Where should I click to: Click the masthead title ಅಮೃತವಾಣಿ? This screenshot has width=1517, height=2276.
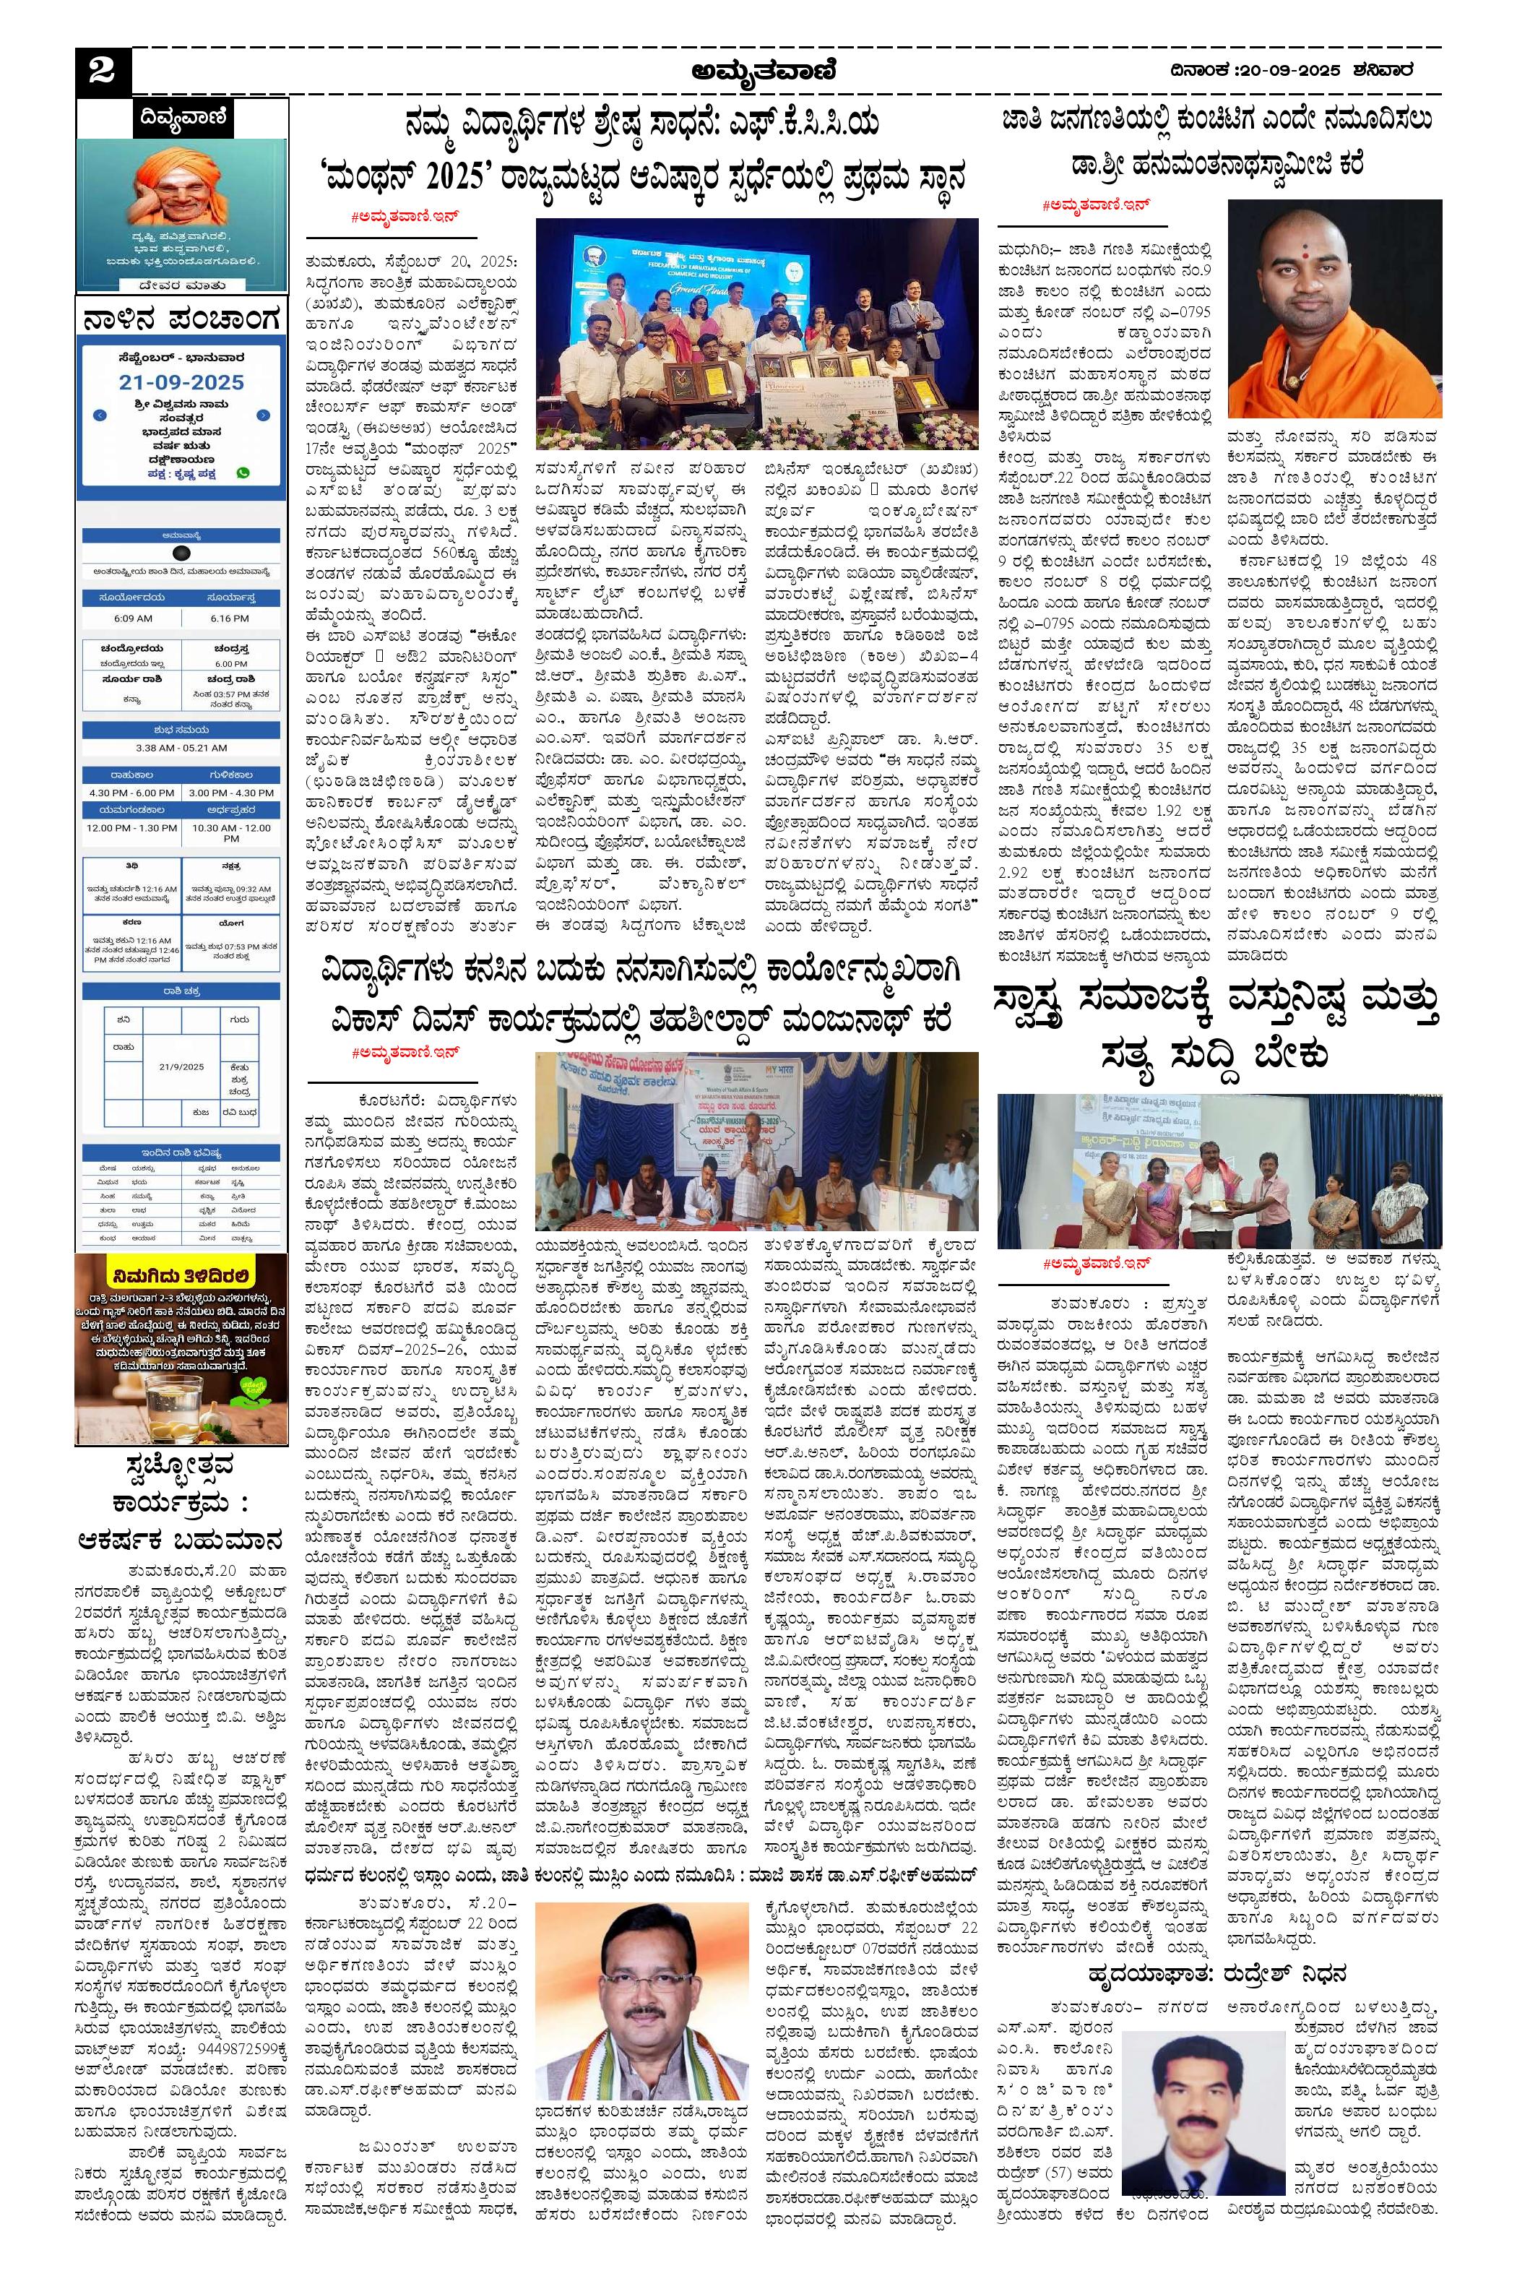(x=764, y=71)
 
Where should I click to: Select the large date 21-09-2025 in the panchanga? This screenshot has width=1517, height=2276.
(x=182, y=382)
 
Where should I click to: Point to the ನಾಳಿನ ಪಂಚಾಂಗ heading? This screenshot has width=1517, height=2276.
(x=182, y=317)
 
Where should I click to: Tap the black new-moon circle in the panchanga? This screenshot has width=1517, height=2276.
(x=180, y=553)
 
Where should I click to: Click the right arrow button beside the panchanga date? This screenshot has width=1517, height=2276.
(x=263, y=415)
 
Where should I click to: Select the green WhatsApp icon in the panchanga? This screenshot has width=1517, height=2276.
(x=242, y=473)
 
